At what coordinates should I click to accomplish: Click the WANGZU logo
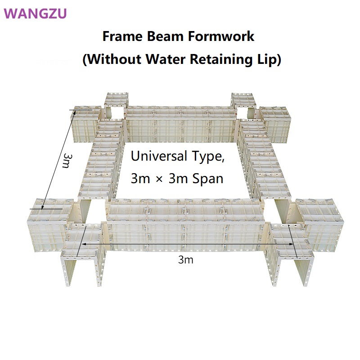(35, 13)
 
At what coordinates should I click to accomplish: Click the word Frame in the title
(122, 36)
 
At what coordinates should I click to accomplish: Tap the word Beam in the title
(165, 36)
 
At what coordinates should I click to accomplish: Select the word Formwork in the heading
(221, 36)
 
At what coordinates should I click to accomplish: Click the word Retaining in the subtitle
(221, 59)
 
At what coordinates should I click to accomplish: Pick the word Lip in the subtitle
(269, 59)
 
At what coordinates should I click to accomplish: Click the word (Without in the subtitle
(112, 59)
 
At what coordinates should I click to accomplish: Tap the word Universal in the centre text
(159, 156)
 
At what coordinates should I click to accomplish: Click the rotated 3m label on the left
(68, 160)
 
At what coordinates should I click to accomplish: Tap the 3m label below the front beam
(185, 260)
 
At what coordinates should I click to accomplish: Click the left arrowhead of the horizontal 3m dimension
(83, 244)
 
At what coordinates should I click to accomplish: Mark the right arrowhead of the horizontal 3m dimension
(292, 244)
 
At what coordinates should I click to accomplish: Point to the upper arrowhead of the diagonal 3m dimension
(74, 113)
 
